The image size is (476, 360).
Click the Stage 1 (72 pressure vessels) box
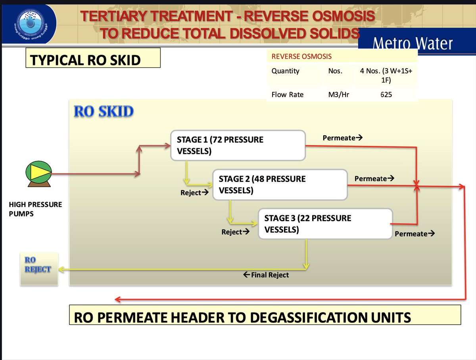pyautogui.click(x=238, y=146)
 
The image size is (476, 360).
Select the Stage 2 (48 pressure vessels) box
pyautogui.click(x=280, y=184)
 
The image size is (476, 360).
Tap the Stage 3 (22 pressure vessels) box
pyautogui.click(x=325, y=224)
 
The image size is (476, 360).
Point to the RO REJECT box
pyautogui.click(x=38, y=269)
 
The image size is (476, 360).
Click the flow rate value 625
pyautogui.click(x=386, y=95)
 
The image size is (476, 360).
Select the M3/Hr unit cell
pyautogui.click(x=339, y=95)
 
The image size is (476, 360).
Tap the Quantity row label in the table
pyautogui.click(x=286, y=71)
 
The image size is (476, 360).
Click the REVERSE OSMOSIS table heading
pyautogui.click(x=301, y=56)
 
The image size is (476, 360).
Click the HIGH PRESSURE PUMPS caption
pyautogui.click(x=35, y=209)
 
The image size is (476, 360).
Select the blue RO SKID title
pyautogui.click(x=104, y=111)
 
